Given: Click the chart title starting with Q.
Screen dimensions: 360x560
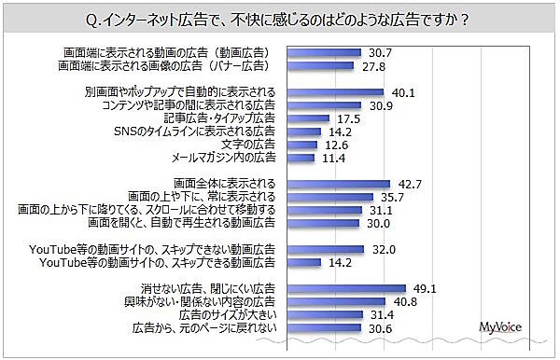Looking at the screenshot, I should tap(279, 19).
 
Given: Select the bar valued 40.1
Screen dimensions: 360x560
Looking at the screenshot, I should tap(331, 93).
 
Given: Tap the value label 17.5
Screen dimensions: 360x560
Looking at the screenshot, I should tap(351, 118).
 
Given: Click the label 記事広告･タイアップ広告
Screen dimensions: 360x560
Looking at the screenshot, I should tap(219, 119).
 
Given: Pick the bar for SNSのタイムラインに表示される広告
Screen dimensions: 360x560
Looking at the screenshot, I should tap(298, 132).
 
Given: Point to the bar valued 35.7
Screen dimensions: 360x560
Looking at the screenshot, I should tap(326, 198).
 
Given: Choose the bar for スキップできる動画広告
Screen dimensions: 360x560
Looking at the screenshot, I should tap(298, 263).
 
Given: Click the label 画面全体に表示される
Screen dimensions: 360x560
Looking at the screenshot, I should tap(224, 185).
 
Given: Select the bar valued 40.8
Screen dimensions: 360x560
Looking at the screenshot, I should tap(332, 303).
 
